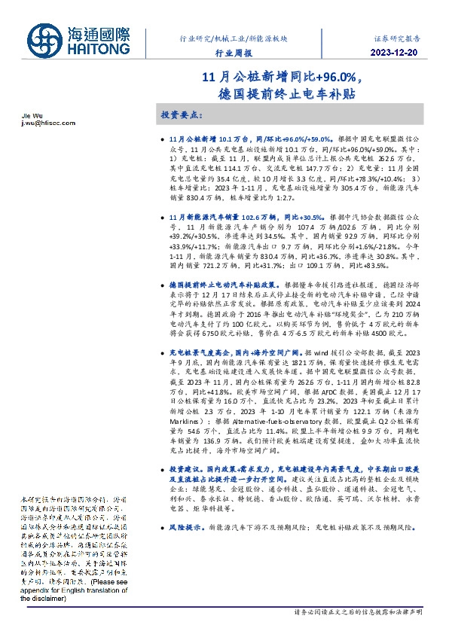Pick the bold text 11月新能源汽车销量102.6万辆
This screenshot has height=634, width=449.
coord(221,217)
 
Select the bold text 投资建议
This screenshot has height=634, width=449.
coord(184,468)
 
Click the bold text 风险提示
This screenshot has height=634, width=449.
coord(184,527)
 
